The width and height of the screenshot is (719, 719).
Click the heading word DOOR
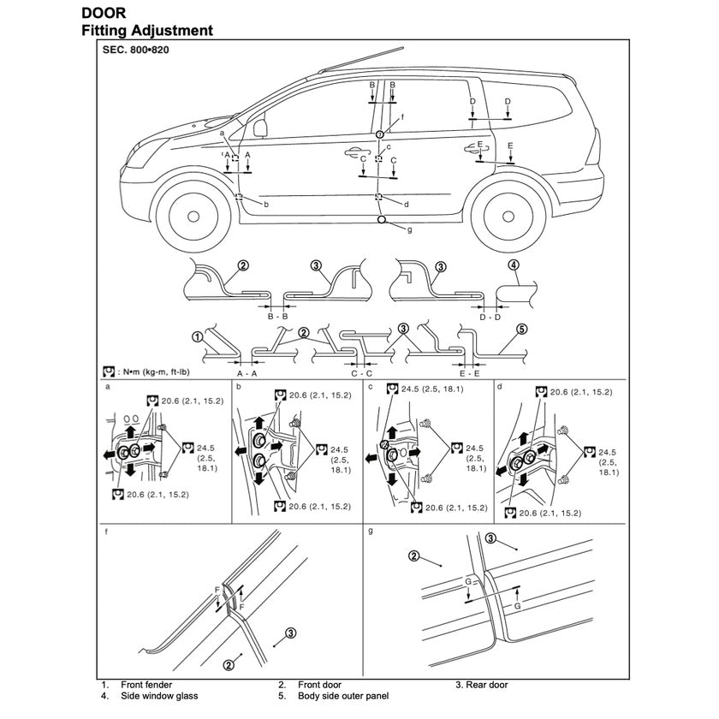pyautogui.click(x=104, y=14)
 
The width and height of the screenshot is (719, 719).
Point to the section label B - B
pyautogui.click(x=278, y=317)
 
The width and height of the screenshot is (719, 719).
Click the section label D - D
pyautogui.click(x=490, y=317)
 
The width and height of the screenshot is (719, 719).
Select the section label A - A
pyautogui.click(x=247, y=374)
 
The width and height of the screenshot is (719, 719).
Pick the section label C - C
pyautogui.click(x=362, y=374)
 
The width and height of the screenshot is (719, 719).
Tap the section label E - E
pyautogui.click(x=469, y=374)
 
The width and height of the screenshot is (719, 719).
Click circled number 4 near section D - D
pyautogui.click(x=514, y=265)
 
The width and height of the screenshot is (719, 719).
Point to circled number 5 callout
pyautogui.click(x=522, y=329)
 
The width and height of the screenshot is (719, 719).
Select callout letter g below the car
pyautogui.click(x=410, y=229)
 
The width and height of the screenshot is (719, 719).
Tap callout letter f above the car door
pyautogui.click(x=401, y=116)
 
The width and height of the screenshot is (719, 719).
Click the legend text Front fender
pyautogui.click(x=148, y=685)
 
